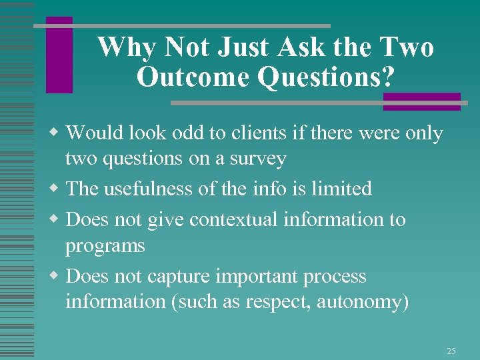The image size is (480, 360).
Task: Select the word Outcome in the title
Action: (x=193, y=77)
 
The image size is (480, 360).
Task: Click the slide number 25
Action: (x=451, y=351)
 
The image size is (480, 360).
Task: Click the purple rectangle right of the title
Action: (x=421, y=101)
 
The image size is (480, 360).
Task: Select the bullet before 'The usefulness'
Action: (x=59, y=189)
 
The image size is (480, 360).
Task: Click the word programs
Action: (x=105, y=246)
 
